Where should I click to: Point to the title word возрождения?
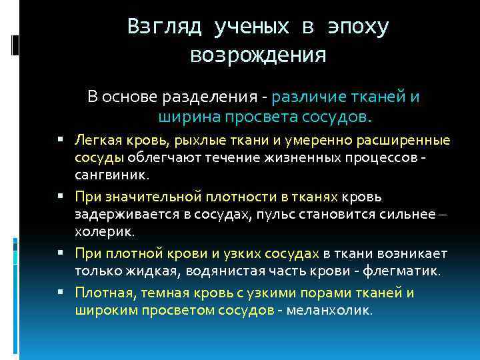259,55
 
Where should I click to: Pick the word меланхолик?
329,310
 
